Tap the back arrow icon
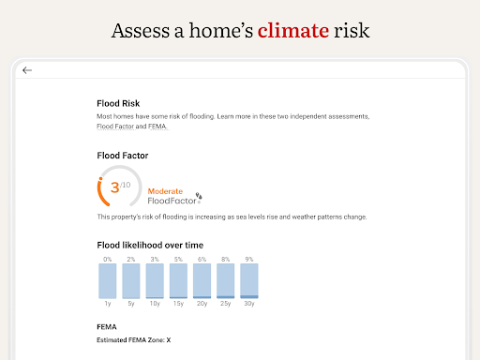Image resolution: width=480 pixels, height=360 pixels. click(x=27, y=70)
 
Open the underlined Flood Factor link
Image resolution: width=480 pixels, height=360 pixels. click(x=115, y=127)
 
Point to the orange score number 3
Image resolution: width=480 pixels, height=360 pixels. click(x=114, y=187)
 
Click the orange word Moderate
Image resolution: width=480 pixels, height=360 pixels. click(x=166, y=190)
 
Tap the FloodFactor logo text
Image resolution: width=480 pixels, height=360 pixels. click(x=172, y=200)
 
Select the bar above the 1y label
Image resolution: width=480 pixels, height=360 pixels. click(x=108, y=280)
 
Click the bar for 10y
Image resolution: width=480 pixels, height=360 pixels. click(x=155, y=280)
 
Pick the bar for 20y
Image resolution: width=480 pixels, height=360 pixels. click(x=202, y=280)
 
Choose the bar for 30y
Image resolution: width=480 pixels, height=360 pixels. click(x=248, y=280)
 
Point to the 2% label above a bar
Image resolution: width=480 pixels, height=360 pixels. click(x=131, y=259)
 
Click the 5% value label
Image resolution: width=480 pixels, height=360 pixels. click(x=178, y=259)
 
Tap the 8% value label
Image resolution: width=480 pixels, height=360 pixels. click(x=225, y=259)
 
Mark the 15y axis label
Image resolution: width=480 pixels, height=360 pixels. click(x=178, y=304)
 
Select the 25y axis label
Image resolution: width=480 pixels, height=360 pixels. click(x=225, y=304)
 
